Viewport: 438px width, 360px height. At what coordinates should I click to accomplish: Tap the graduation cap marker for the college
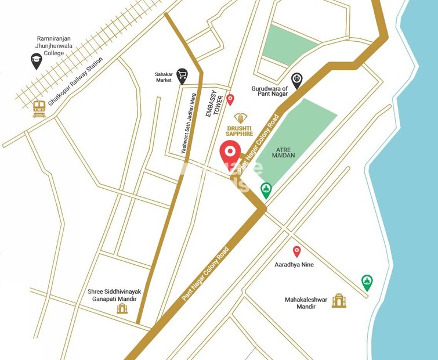tap(37, 60)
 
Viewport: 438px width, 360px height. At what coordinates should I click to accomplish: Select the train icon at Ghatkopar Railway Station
tap(39, 109)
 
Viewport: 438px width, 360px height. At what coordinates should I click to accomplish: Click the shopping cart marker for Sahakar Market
tap(182, 74)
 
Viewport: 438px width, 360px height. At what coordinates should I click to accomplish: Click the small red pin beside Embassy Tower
tap(230, 99)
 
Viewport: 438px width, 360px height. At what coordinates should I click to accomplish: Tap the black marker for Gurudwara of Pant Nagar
tap(296, 80)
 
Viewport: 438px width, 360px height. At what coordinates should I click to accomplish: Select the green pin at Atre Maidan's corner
tap(266, 189)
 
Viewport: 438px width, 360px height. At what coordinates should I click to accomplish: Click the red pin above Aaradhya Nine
tap(296, 251)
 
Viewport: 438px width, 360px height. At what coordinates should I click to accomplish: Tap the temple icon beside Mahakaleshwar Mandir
tap(339, 300)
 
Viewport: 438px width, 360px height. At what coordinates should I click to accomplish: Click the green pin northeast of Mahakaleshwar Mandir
tap(367, 282)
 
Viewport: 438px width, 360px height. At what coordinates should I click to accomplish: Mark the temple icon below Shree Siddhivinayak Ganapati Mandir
tap(122, 308)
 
